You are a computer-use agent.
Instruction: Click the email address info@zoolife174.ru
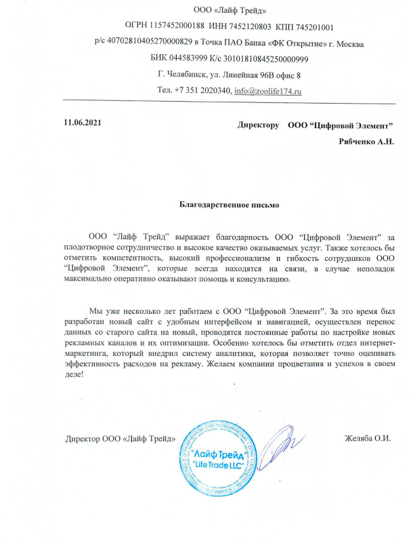point(267,90)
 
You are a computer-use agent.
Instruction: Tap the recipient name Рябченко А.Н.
point(366,142)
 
